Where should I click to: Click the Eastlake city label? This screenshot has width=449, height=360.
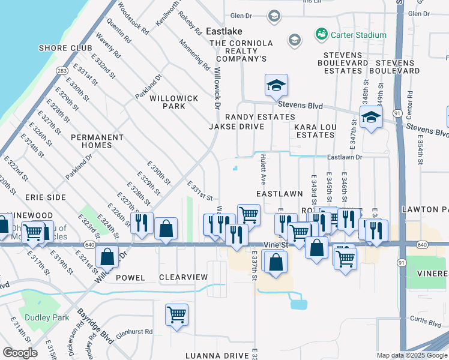click(x=224, y=31)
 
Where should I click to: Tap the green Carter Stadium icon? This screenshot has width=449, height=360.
click(x=321, y=34)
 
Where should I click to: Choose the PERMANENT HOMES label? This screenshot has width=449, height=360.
click(x=97, y=142)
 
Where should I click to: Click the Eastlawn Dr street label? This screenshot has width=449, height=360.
click(x=345, y=157)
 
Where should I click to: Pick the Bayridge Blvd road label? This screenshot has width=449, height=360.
click(x=95, y=326)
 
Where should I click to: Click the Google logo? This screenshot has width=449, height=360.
click(x=20, y=353)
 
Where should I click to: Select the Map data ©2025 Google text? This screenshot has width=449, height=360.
click(x=412, y=355)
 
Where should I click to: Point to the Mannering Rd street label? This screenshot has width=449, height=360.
click(x=194, y=54)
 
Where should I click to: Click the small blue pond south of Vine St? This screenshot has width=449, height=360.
click(x=298, y=303)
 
